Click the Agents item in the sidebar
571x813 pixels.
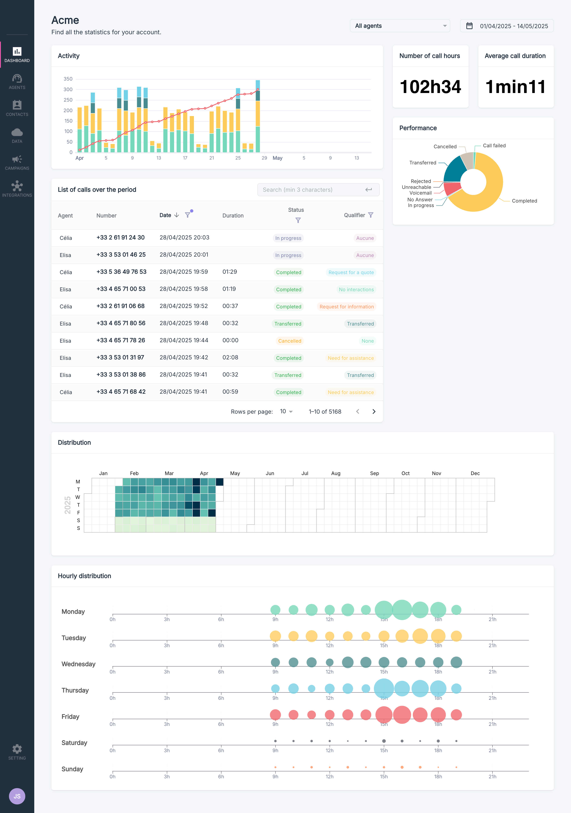pos(17,81)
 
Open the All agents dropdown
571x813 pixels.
pos(400,26)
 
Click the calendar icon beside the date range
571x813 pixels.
pos(469,26)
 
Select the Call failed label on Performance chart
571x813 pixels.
pos(494,146)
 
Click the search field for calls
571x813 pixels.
pos(313,190)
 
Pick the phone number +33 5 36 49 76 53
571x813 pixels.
pos(121,272)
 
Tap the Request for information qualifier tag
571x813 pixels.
pos(346,307)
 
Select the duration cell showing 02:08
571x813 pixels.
pos(230,357)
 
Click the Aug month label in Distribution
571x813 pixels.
pos(336,473)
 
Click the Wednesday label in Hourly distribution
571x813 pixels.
pos(78,664)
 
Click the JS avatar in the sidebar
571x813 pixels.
pos(17,796)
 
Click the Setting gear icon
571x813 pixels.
pos(17,749)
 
